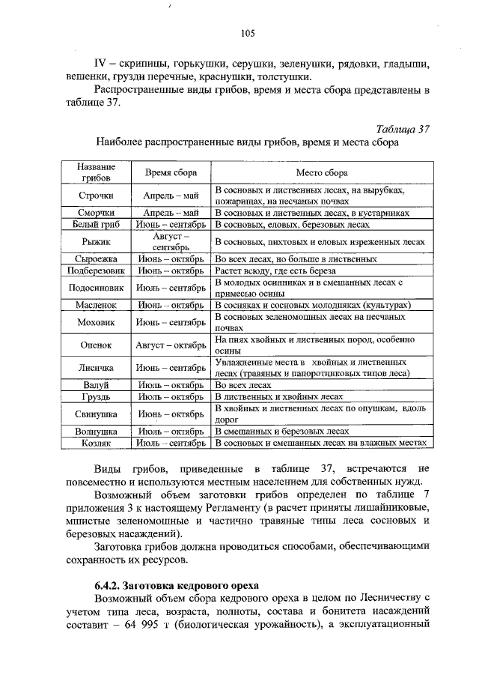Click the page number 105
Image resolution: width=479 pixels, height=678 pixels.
248,32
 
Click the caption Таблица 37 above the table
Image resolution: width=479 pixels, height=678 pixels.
403,128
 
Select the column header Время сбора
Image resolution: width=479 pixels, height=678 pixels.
171,173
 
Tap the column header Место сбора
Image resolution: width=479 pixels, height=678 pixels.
321,173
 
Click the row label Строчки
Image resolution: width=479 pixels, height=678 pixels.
95,197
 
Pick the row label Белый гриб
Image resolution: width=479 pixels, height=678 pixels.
95,224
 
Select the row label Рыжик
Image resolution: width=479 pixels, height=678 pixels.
95,241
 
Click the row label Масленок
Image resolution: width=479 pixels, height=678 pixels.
95,306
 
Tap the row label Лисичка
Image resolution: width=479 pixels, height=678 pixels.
95,368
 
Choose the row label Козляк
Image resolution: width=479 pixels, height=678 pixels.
95,444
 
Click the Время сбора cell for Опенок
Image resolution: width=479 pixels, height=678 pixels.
171,345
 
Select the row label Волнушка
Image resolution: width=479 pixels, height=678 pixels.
95,432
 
